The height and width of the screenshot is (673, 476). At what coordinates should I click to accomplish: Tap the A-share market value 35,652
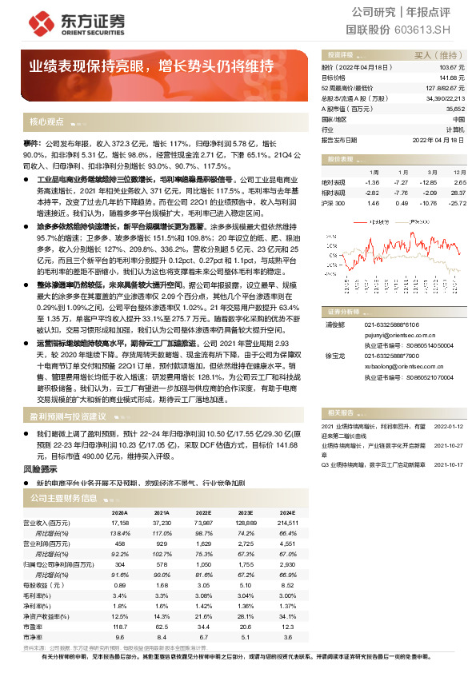point(455,108)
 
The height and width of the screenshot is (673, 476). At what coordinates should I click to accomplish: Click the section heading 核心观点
point(46,122)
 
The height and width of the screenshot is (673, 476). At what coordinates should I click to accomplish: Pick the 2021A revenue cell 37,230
point(161,522)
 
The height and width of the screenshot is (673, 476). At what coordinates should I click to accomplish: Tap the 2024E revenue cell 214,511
point(286,522)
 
